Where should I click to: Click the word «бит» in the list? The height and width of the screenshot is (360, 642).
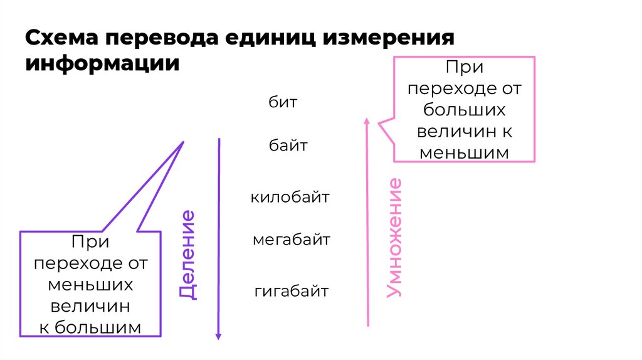coord(283,102)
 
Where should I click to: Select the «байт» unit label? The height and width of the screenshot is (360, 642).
coord(288,146)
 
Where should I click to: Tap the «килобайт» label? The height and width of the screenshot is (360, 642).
coord(290,197)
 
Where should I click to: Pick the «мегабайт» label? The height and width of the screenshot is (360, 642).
coord(292,240)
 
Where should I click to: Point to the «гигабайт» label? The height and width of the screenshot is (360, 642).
coord(292,291)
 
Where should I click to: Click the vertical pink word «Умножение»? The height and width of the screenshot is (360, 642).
coord(394,238)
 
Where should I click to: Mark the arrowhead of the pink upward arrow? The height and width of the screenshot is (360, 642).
coord(367,120)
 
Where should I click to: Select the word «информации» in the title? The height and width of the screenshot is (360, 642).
coord(102,63)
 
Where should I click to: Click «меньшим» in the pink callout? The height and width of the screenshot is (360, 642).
coord(464,153)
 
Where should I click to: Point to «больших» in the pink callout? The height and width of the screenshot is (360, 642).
coord(464,110)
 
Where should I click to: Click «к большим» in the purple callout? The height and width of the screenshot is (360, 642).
coord(91,327)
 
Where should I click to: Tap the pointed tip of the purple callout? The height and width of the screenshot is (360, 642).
coord(183,142)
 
